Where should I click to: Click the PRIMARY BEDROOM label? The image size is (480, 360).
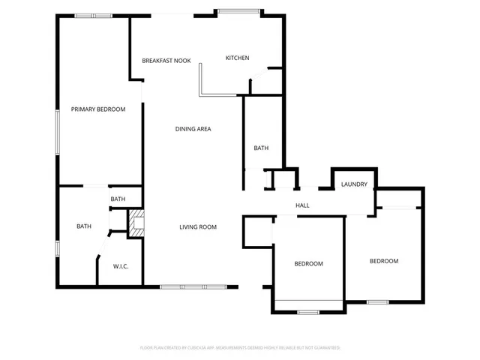coord(98,109)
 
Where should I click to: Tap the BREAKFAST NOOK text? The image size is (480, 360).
coord(166,60)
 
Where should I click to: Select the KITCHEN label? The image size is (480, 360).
coord(238,58)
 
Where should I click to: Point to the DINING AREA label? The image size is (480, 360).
coord(193,129)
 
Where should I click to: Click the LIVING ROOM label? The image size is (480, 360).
coord(198,227)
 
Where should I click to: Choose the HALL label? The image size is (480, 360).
coord(302,205)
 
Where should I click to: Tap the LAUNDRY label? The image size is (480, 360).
coord(353,184)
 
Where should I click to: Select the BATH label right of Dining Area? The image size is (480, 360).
coord(261,148)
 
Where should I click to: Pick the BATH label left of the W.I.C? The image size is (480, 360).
coord(83,226)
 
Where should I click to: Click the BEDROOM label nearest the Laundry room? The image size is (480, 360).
coord(383,261)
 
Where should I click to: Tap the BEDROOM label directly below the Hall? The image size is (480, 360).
coord(308,264)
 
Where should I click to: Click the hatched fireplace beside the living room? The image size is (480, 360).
coord(135,223)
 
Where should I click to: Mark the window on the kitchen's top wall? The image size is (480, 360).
coord(240,11)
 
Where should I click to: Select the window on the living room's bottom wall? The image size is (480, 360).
coord(193,286)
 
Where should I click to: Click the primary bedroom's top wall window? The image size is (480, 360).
coord(94,15)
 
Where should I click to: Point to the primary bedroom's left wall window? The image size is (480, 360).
coord(58,133)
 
